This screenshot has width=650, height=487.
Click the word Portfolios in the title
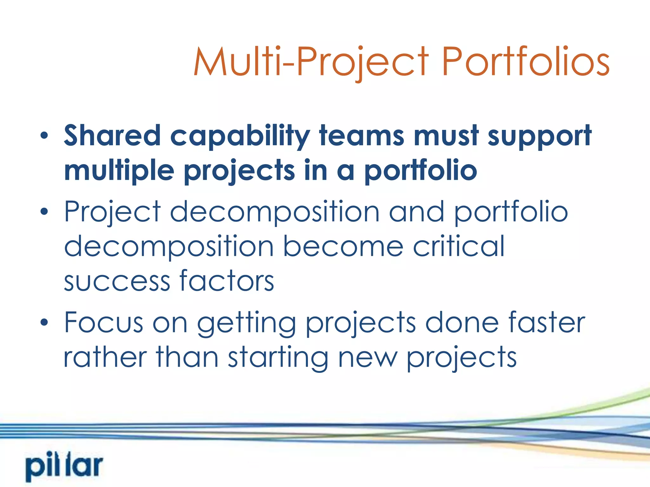click(525, 62)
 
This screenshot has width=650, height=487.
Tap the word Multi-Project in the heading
click(311, 62)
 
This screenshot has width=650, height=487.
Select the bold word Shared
click(112, 136)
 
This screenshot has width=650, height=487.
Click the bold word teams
click(361, 136)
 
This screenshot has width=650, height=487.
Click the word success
click(117, 281)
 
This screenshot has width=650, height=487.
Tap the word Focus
click(104, 322)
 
